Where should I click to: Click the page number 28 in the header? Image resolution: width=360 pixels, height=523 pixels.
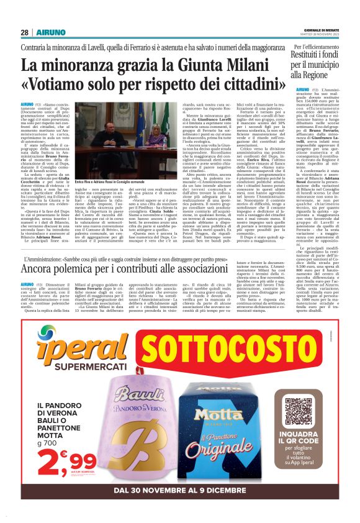24,32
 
